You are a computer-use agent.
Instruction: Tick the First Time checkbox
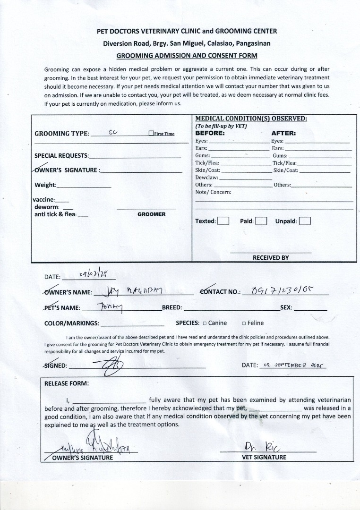tap(151, 134)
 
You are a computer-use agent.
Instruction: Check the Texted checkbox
tap(223, 221)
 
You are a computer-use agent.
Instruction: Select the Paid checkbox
tap(261, 221)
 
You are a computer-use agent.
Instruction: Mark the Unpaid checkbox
tap(305, 221)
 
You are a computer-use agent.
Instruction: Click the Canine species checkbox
tap(205, 323)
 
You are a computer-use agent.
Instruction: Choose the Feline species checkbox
tap(244, 323)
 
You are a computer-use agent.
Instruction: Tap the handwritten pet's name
tap(110, 307)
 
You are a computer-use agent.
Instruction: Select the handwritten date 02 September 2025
tap(292, 365)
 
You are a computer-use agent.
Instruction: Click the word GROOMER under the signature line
tap(151, 214)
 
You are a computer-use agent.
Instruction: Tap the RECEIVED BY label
tap(271, 258)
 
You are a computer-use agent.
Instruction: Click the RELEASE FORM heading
tap(66, 383)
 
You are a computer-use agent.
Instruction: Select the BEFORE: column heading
tap(210, 133)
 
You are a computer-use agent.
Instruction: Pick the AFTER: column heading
tap(283, 133)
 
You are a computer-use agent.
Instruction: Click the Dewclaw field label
tap(206, 178)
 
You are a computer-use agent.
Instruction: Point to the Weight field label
tap(45, 185)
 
